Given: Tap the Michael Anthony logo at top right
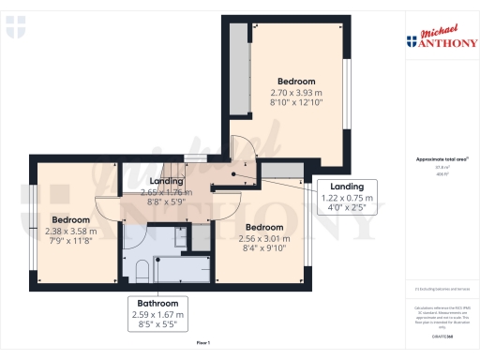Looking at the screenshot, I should click(x=438, y=38).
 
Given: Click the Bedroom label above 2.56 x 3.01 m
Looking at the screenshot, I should click(x=264, y=227).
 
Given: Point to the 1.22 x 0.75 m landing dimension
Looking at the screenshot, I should click(x=348, y=199).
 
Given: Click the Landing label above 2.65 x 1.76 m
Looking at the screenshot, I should click(x=167, y=182).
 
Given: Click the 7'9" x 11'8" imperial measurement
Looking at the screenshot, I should click(x=70, y=241).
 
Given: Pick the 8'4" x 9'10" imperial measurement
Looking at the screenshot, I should click(x=264, y=248).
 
